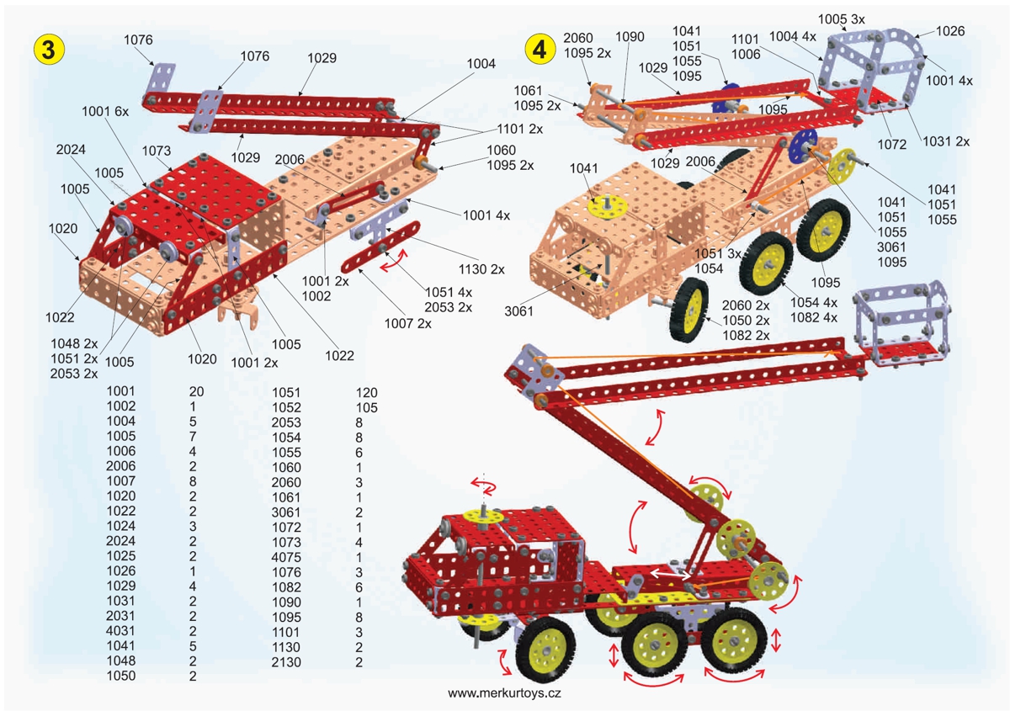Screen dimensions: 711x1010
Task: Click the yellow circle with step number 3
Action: pos(48,49)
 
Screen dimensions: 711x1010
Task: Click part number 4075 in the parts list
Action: pos(286,556)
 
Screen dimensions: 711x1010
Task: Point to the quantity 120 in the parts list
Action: pos(366,392)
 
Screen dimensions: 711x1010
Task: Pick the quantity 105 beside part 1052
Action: pos(366,407)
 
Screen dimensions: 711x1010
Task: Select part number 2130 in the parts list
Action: pos(286,661)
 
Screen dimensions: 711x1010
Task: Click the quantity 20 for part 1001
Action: pos(197,392)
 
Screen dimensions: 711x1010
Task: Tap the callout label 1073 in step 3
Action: pos(157,151)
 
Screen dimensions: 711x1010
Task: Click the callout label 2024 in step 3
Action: pos(72,150)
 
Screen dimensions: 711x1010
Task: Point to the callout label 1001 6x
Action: pos(106,110)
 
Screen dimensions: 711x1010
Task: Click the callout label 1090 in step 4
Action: pos(630,37)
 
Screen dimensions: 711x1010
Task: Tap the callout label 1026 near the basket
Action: pos(949,31)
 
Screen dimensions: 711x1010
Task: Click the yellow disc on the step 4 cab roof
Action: pos(604,204)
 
